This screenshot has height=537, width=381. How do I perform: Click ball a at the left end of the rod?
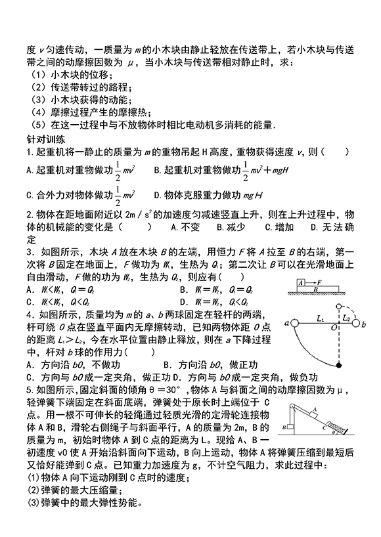click(295, 322)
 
